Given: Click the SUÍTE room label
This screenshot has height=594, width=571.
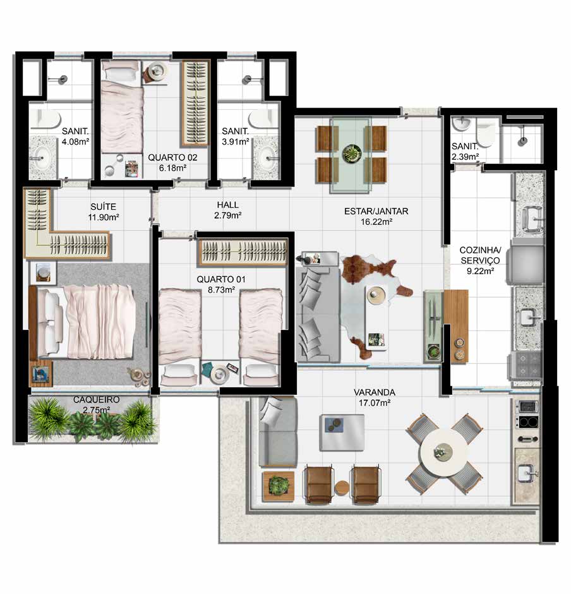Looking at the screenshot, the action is click(103, 207).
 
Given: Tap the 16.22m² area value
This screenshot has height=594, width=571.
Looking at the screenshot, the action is click(376, 222).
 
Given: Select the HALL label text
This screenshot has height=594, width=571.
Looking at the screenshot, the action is click(227, 205).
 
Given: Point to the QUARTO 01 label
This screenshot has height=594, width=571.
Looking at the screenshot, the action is click(220, 279).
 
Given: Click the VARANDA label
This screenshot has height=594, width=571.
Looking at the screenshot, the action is click(374, 392).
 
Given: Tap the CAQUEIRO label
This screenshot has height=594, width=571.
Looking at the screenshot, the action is click(96, 399).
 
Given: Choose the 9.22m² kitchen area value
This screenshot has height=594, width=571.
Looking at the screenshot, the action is click(480, 271).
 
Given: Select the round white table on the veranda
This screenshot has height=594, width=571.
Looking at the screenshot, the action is click(444, 452).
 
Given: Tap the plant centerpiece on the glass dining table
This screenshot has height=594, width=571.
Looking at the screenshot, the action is click(352, 154).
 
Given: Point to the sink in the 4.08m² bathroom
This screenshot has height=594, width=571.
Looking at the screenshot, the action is click(41, 156).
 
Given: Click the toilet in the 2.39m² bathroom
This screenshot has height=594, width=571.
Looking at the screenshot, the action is click(485, 131).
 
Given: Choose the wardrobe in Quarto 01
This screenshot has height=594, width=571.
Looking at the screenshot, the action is click(243, 252).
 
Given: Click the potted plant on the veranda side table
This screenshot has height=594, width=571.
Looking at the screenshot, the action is click(279, 485).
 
